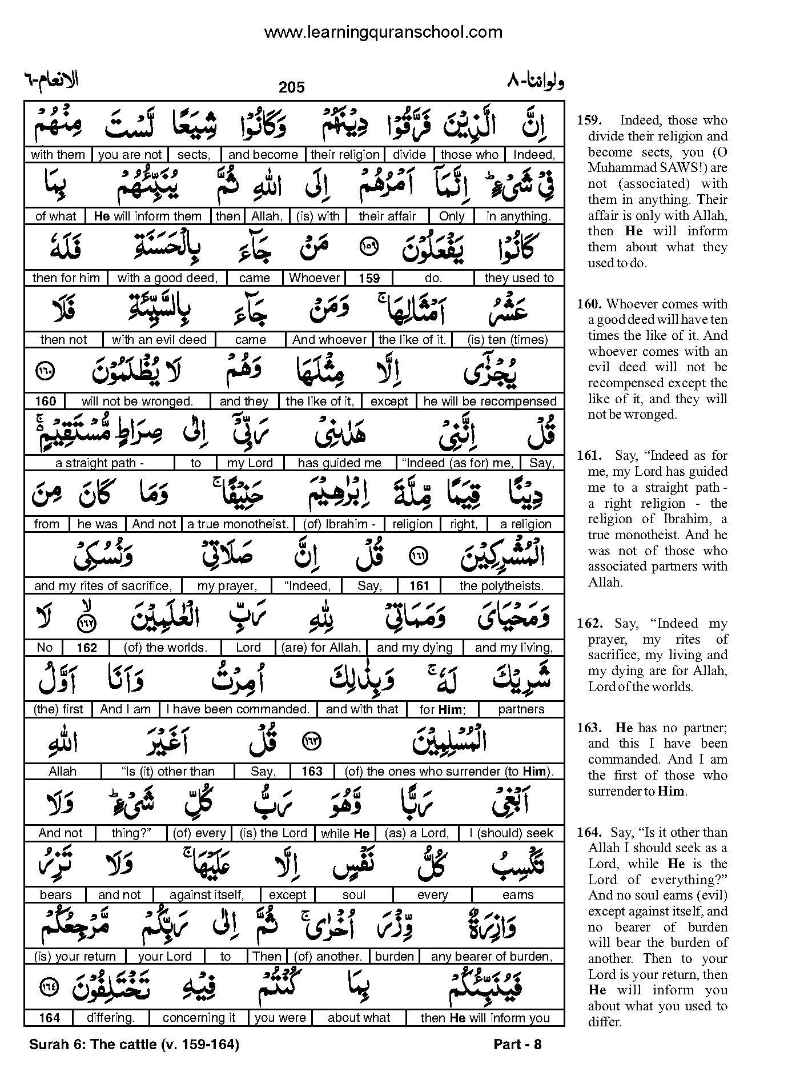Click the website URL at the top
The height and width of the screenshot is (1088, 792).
pos(383,32)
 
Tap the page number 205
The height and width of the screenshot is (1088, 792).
pos(292,87)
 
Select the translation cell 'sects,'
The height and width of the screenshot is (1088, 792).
pos(194,155)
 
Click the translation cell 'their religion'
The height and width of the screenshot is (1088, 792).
pos(345,155)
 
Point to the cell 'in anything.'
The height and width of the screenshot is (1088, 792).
pos(518,216)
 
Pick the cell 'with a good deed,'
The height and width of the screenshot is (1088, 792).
pos(168,278)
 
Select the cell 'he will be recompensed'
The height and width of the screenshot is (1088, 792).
pos(490,402)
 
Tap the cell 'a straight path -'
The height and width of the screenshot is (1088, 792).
pos(99,463)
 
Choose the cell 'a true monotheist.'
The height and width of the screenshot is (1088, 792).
pos(238,524)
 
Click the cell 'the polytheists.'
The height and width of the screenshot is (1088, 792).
pos(501,586)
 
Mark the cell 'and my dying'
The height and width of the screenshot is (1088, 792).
pos(415,648)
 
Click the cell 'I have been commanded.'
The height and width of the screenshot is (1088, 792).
pos(238,709)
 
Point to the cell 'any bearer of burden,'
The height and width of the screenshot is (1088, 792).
pos(492,956)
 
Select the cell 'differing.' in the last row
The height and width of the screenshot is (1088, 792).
pos(111,1018)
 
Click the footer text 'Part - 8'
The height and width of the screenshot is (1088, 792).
pos(517,1045)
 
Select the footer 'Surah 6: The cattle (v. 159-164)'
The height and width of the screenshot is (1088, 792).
pos(134,1045)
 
